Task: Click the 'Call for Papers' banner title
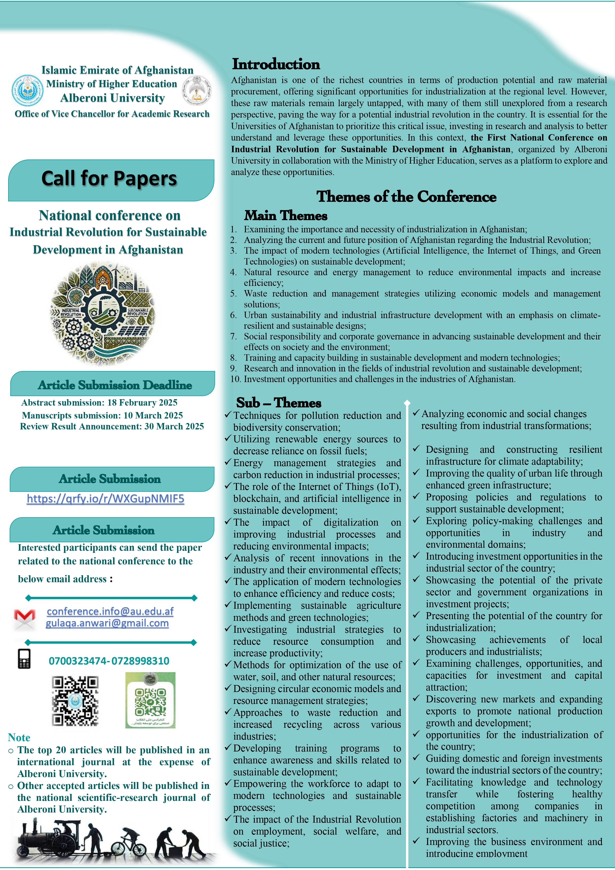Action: (109, 179)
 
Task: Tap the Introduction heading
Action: (276, 64)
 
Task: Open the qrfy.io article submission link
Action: (105, 499)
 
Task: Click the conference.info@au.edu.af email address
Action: (110, 611)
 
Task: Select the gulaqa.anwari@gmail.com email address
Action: (107, 623)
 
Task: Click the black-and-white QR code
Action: (75, 701)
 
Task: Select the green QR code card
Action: (150, 700)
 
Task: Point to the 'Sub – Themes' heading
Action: (279, 402)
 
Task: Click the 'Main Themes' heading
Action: (286, 216)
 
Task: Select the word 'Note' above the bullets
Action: (19, 737)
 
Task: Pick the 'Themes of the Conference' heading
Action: (406, 197)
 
